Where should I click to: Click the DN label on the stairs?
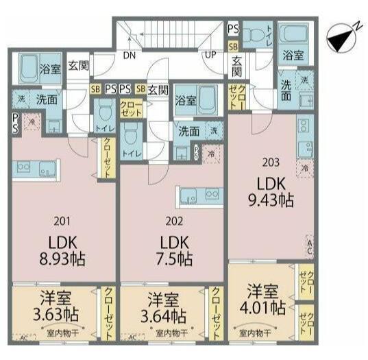129,57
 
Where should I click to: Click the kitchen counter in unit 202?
199,195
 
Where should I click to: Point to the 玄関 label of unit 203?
236,67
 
